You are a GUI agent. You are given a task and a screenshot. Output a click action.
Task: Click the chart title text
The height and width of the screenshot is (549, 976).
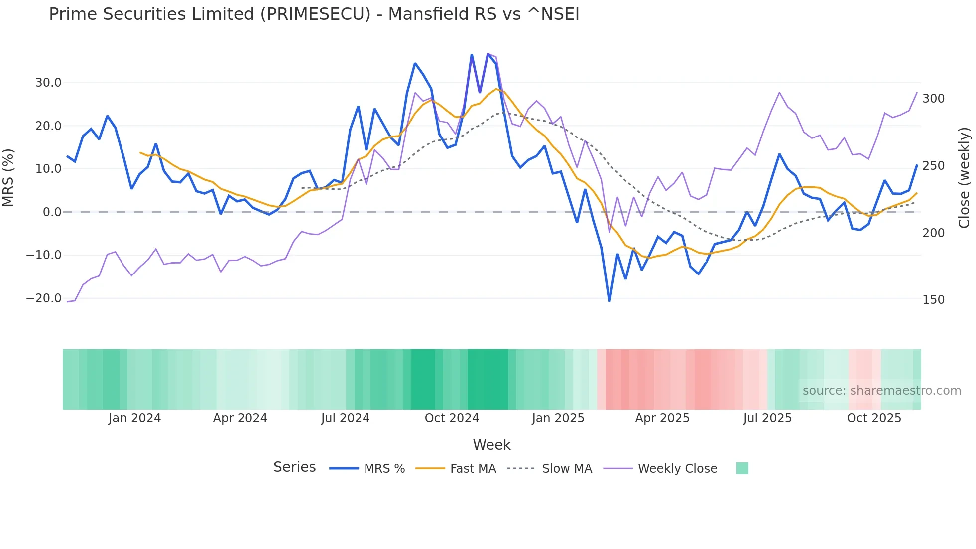pyautogui.click(x=314, y=14)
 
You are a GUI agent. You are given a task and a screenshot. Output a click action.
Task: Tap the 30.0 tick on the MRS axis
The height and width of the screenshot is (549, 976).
pyautogui.click(x=48, y=83)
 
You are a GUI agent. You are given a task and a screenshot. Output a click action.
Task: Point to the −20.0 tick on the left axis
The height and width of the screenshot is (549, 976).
pyautogui.click(x=44, y=298)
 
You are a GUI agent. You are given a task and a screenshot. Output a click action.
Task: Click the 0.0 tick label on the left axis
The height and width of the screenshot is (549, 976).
pyautogui.click(x=52, y=212)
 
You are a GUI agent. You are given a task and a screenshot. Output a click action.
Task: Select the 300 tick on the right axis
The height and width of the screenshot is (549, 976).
pyautogui.click(x=933, y=99)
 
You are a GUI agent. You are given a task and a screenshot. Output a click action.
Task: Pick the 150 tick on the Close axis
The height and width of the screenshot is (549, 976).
pyautogui.click(x=933, y=300)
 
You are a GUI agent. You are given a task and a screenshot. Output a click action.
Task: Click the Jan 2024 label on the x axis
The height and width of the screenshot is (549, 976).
pyautogui.click(x=134, y=418)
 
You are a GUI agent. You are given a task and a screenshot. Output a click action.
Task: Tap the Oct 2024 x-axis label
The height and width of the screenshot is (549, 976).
pyautogui.click(x=452, y=418)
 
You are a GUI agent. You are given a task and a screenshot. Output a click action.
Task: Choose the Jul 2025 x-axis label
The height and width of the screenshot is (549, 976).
pyautogui.click(x=767, y=418)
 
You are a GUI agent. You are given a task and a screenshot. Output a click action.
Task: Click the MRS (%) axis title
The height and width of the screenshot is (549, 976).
pyautogui.click(x=8, y=177)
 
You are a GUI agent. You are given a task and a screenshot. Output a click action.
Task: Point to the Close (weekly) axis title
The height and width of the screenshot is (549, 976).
pyautogui.click(x=965, y=177)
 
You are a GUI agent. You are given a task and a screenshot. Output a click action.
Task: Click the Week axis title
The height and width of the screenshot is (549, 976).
pyautogui.click(x=491, y=445)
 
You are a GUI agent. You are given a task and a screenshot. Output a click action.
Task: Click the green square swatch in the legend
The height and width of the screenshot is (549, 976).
pyautogui.click(x=742, y=468)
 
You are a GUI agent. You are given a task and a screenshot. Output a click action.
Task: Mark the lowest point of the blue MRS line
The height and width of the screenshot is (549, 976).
pyautogui.click(x=609, y=301)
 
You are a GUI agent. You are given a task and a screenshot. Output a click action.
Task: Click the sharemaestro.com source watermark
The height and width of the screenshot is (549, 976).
pyautogui.click(x=881, y=391)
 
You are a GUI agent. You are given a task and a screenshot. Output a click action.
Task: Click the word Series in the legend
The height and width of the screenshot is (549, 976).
pyautogui.click(x=294, y=467)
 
